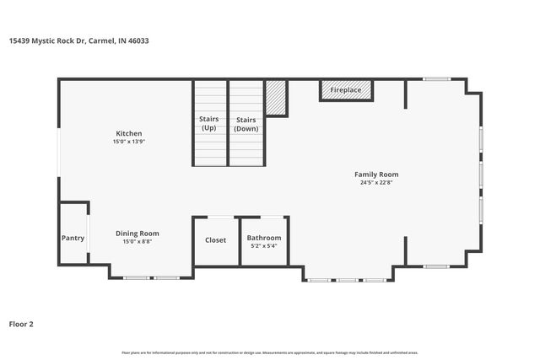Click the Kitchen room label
point(128,133)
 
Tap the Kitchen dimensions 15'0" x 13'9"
point(128,142)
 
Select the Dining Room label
point(137,234)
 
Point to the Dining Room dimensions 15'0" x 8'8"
point(137,242)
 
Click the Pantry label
point(73,238)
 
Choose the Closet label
point(216,240)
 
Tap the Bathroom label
point(264,238)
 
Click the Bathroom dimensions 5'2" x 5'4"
point(264,246)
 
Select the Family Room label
point(376,175)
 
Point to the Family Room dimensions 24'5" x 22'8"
point(376,182)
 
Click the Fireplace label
point(346,89)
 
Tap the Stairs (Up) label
point(208,124)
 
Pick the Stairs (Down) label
point(246,124)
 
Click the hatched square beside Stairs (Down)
point(276,98)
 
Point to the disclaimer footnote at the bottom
point(270,352)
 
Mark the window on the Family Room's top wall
point(436,79)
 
